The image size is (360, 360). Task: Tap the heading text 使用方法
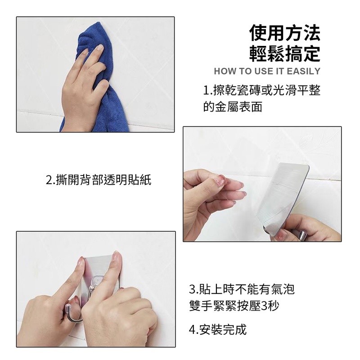285,33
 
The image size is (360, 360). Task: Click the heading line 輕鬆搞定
285,53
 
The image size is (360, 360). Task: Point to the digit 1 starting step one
206,90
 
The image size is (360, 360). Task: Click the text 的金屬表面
233,107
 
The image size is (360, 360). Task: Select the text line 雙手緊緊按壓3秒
234,306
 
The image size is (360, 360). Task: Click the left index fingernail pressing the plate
81,262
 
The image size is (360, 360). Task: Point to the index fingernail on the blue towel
100,48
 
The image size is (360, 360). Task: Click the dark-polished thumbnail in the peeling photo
302,235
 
